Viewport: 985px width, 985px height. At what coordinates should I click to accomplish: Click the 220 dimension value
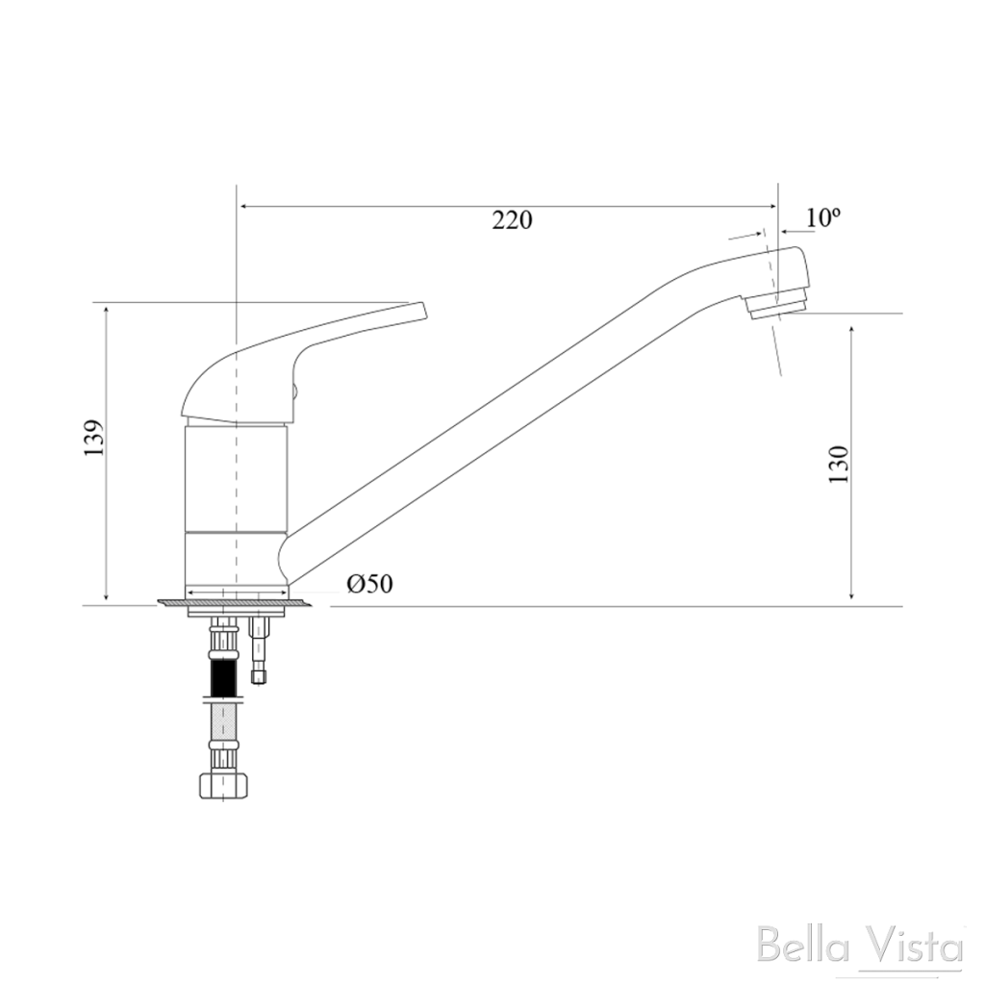coord(512,220)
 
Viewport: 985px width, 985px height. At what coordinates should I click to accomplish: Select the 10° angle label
coord(823,217)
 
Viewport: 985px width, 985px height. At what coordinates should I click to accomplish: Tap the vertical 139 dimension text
coord(93,439)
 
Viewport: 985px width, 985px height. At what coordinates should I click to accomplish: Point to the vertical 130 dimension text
coord(839,465)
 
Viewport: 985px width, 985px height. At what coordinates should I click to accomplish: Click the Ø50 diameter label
coord(370,584)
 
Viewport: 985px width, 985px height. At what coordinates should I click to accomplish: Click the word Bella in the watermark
coord(803,947)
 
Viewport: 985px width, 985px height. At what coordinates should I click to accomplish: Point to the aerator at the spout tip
coord(776,304)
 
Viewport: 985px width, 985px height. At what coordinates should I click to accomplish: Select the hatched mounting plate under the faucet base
coord(236,603)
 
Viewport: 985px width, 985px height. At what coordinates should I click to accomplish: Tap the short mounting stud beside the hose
coord(259,649)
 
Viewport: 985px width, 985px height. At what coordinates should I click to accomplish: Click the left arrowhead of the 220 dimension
coord(243,206)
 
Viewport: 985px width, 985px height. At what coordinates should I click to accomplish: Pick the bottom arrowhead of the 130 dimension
coord(852,599)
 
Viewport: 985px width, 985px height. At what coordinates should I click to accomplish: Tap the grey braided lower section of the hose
coord(223,721)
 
